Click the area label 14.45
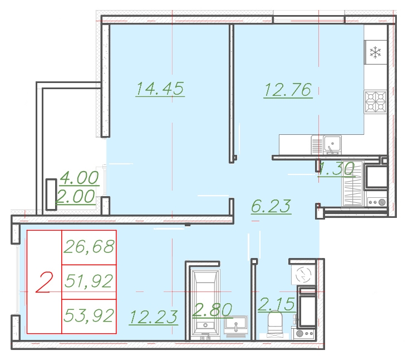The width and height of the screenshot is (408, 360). pyautogui.click(x=160, y=89)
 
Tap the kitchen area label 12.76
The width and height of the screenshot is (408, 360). pyautogui.click(x=288, y=90)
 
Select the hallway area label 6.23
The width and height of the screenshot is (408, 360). pyautogui.click(x=271, y=206)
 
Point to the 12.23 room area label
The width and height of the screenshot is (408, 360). pyautogui.click(x=154, y=317)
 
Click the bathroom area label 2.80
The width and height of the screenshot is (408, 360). pyautogui.click(x=212, y=310)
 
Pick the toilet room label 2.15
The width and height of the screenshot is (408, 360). pyautogui.click(x=277, y=304)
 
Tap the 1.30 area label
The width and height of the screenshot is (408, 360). pyautogui.click(x=336, y=168)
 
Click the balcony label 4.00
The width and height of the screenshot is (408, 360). pyautogui.click(x=79, y=178)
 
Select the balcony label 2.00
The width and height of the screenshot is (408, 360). pyautogui.click(x=76, y=196)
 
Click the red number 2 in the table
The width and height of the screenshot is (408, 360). pyautogui.click(x=44, y=282)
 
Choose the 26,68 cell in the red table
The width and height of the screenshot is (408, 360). pyautogui.click(x=89, y=247)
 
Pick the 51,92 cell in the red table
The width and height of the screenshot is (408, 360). pyautogui.click(x=89, y=281)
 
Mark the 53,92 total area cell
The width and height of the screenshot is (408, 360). pyautogui.click(x=89, y=316)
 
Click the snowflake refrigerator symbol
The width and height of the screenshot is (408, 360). pyautogui.click(x=375, y=52)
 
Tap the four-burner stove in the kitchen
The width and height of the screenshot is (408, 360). pyautogui.click(x=375, y=102)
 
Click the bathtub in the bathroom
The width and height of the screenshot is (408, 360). pyautogui.click(x=205, y=304)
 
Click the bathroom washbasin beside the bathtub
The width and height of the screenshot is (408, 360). pyautogui.click(x=236, y=325)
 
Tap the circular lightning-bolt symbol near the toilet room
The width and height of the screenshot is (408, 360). pyautogui.click(x=303, y=275)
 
